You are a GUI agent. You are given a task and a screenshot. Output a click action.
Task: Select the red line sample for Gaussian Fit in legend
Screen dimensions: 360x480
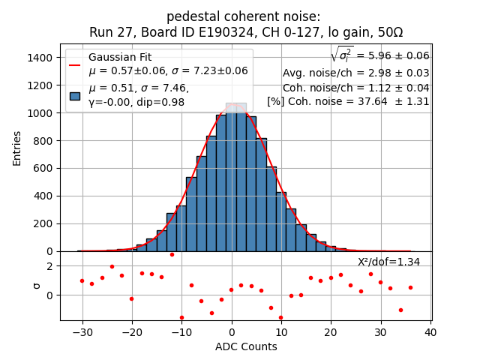[75, 64]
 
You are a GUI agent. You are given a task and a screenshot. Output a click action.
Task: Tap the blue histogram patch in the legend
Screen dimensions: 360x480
[75, 95]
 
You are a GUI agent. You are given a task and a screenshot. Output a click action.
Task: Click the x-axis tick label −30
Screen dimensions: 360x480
[82, 332]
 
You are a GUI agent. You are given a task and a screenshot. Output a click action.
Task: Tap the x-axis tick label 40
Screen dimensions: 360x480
[430, 332]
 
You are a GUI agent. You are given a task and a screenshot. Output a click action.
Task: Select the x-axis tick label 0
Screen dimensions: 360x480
[232, 332]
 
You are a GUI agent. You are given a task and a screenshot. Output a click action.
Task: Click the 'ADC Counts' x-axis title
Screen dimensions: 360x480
[246, 346]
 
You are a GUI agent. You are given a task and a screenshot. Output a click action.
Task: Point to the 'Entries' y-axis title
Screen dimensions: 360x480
[17, 147]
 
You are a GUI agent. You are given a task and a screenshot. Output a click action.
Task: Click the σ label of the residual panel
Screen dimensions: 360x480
[34, 286]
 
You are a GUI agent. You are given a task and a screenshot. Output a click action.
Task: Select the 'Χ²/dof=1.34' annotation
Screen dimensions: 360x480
[388, 262]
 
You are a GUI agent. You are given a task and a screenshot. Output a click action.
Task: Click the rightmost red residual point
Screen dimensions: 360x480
[410, 287]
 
